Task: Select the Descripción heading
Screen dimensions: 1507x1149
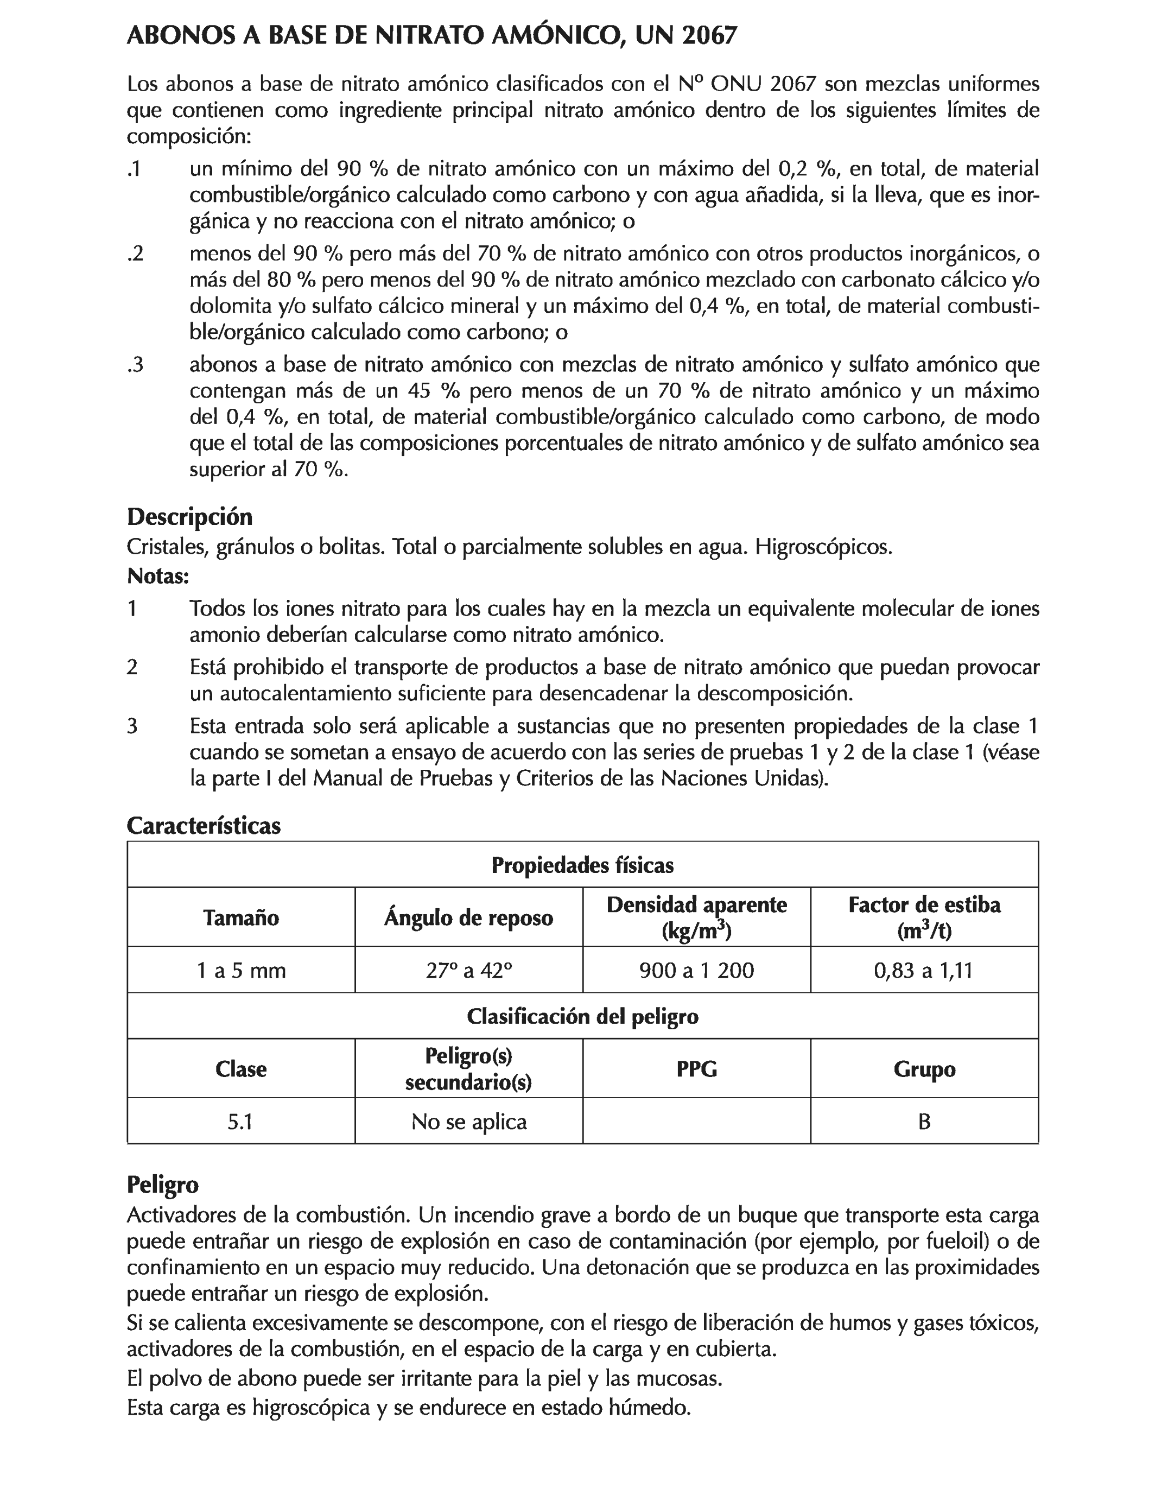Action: coord(189,516)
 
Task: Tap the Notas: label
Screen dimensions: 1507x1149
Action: coord(157,576)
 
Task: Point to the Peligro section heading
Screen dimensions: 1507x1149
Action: coord(163,1184)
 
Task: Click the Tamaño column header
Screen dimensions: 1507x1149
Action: coord(241,917)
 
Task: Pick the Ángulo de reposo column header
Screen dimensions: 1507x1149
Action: coord(468,917)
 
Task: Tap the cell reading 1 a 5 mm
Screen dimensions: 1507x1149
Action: coord(241,970)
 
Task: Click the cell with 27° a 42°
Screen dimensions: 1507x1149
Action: coord(468,970)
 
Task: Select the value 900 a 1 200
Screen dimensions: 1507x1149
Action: coord(696,970)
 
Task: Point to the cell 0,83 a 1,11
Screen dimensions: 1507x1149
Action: coord(923,970)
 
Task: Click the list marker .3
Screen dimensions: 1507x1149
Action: coord(136,365)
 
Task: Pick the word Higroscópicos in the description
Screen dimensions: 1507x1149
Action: coord(823,547)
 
